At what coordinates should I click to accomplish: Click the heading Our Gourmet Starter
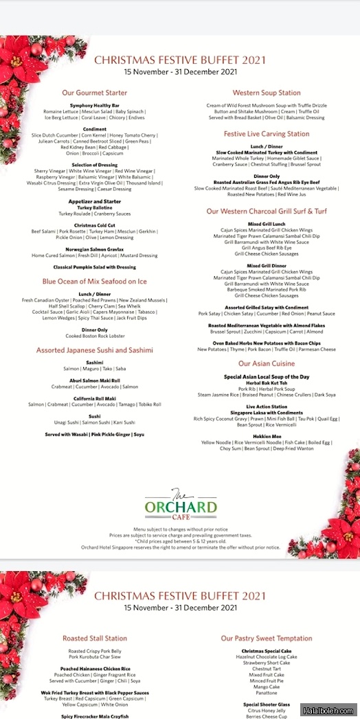pos(95,93)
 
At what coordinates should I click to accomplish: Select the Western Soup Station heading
pos(267,93)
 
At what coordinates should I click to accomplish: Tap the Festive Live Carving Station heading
pos(267,134)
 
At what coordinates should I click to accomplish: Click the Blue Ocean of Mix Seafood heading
pos(95,282)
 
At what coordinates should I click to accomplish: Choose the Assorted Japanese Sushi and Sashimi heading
pos(95,350)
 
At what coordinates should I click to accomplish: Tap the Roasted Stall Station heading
pos(95,638)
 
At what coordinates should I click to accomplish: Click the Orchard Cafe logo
pos(181,506)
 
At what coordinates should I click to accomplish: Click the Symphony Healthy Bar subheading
pos(95,105)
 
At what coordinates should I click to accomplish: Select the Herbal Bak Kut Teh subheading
pos(267,383)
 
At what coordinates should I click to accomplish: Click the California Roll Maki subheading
pos(95,399)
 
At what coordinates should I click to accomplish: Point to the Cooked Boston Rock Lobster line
pos(95,336)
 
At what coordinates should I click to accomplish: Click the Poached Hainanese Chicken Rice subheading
pos(95,668)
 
